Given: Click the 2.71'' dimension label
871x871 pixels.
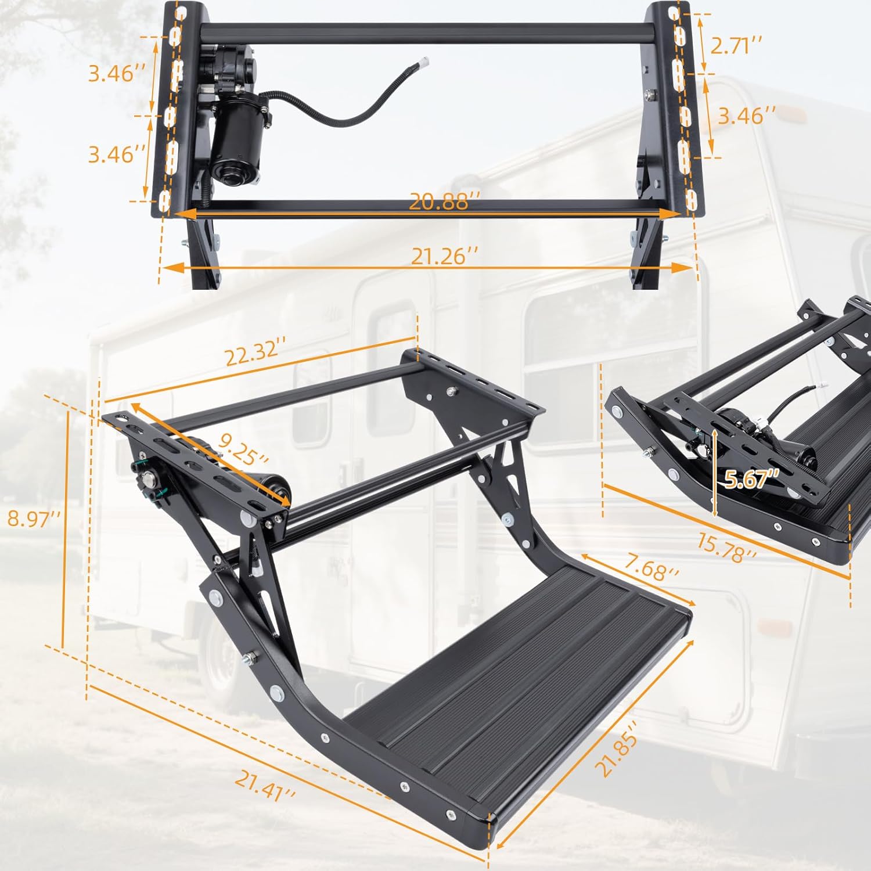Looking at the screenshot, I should click(x=736, y=45).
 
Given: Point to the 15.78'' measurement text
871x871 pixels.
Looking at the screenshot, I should click(x=726, y=548).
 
